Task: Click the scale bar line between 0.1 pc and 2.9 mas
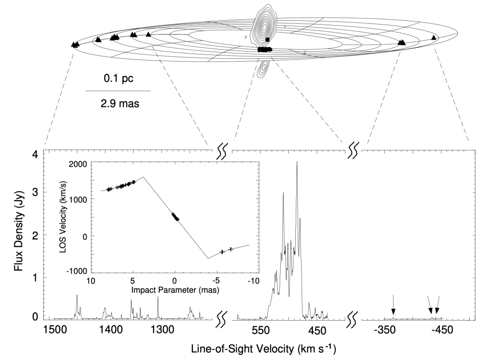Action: click(118, 90)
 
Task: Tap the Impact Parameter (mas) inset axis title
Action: click(175, 290)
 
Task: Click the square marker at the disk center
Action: click(268, 40)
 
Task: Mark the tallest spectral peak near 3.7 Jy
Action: click(297, 162)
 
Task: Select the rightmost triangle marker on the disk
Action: click(433, 37)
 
